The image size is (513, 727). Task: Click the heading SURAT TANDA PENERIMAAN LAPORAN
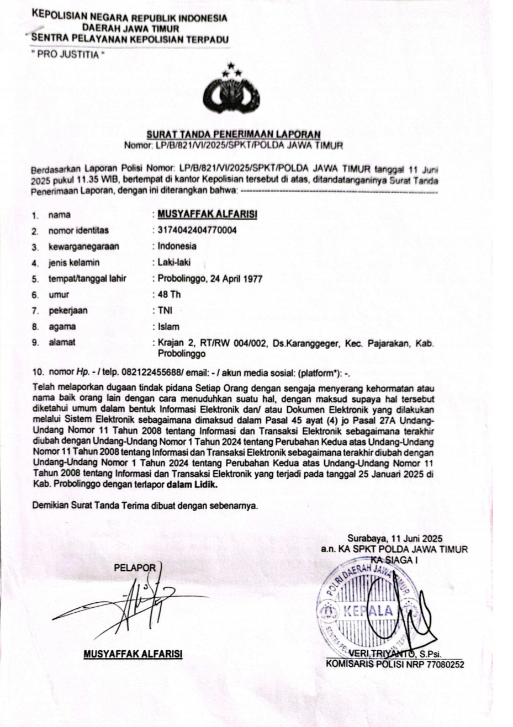click(x=233, y=134)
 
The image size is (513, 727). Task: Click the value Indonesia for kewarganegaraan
click(x=177, y=246)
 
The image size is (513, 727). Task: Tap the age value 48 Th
click(x=169, y=294)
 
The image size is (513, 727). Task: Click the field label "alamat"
click(x=62, y=342)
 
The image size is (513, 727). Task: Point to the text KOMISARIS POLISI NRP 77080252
click(x=395, y=664)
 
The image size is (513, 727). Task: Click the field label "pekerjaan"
click(x=68, y=310)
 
